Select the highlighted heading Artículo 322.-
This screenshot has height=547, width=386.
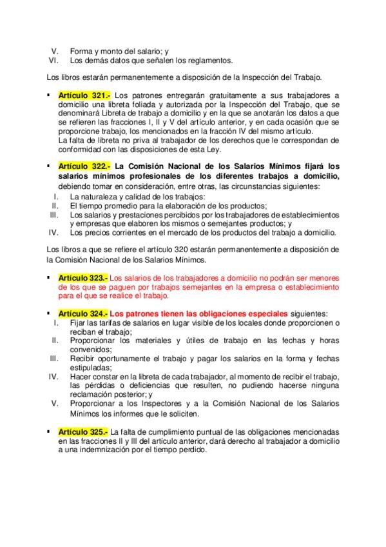(x=84, y=166)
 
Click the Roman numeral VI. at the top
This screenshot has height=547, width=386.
(x=55, y=61)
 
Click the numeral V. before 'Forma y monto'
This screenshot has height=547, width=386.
(x=56, y=51)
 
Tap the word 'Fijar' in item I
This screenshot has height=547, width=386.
(x=79, y=322)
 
